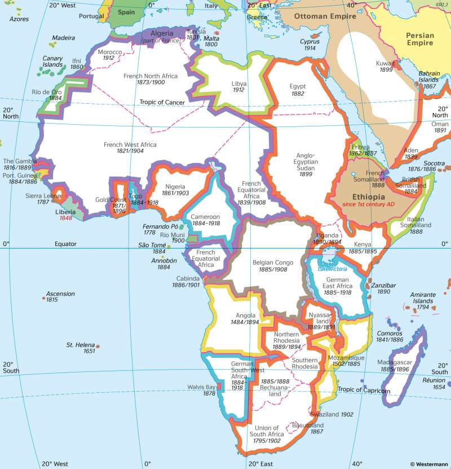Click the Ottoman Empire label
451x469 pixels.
click(325, 16)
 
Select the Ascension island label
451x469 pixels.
click(60, 293)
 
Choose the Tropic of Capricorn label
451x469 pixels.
click(364, 390)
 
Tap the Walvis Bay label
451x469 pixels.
click(202, 387)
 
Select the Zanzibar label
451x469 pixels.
click(383, 286)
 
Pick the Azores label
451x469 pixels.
click(19, 19)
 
